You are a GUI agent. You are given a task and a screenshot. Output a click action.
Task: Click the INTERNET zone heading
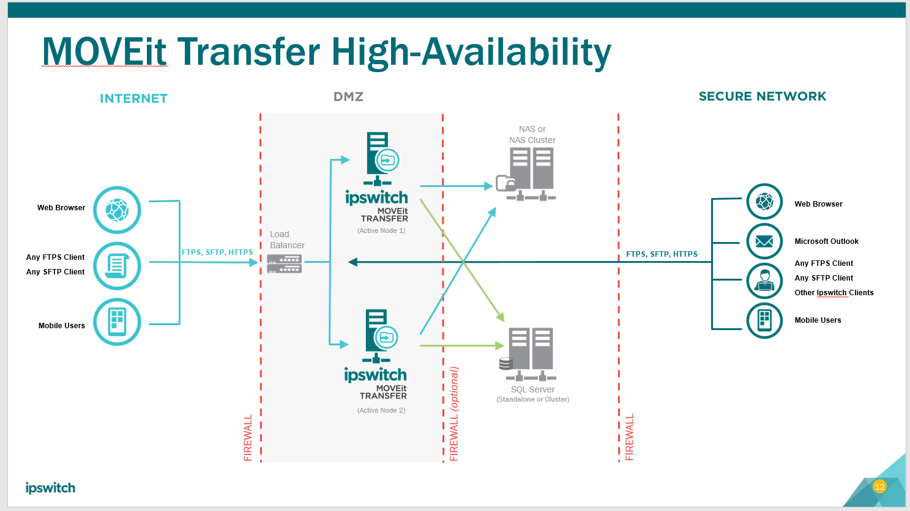[x=133, y=98]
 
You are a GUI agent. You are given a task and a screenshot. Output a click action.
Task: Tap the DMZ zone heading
[x=348, y=97]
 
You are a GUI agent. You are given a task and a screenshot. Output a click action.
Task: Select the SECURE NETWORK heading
[x=763, y=96]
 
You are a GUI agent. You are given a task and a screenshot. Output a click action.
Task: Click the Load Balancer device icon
[x=285, y=263]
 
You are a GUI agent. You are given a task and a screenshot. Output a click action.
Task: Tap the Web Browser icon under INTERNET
[x=117, y=210]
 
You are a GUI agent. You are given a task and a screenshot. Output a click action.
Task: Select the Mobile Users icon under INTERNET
[x=117, y=322]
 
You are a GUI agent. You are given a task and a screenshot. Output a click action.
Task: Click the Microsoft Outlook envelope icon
[x=764, y=241]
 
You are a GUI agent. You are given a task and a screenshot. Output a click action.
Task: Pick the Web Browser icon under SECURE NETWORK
[x=764, y=201]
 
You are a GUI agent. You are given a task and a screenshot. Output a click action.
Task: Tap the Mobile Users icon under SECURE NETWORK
[x=764, y=320]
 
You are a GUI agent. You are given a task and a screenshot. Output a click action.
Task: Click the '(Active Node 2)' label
[x=381, y=410]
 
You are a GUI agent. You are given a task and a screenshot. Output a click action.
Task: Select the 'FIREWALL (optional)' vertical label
[x=454, y=414]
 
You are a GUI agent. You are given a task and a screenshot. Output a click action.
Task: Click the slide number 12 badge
[x=879, y=487]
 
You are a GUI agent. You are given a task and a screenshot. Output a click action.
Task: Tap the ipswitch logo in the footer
[x=50, y=488]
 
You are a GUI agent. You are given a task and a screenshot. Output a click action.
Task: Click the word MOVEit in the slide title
[x=104, y=51]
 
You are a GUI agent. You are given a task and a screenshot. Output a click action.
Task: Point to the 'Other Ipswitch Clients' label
[x=834, y=293]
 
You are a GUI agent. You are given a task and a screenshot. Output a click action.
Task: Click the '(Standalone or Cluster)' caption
[x=532, y=399]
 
